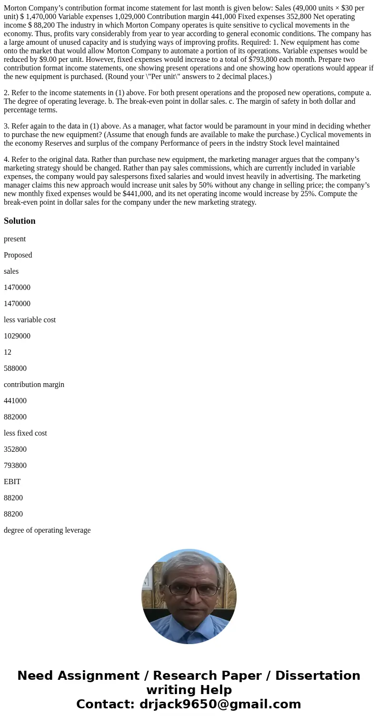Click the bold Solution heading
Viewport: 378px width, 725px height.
20,221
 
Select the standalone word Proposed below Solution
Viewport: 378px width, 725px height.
18,255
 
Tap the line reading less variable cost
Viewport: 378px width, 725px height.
30,320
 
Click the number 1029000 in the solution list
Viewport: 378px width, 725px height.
17,336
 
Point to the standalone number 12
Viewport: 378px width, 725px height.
8,352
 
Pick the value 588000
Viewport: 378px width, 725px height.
15,368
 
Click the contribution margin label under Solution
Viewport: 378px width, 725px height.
34,385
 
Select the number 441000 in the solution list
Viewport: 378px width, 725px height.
15,401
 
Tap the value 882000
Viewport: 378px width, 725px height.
15,417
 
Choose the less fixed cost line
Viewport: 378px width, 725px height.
25,433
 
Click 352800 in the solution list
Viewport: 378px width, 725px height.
15,449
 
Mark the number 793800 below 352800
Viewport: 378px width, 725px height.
15,466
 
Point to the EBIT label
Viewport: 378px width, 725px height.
12,482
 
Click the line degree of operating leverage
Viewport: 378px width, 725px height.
47,530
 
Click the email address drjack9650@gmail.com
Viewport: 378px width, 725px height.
220,705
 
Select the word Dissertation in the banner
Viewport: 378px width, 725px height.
318,676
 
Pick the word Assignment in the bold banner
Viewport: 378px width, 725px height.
101,676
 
